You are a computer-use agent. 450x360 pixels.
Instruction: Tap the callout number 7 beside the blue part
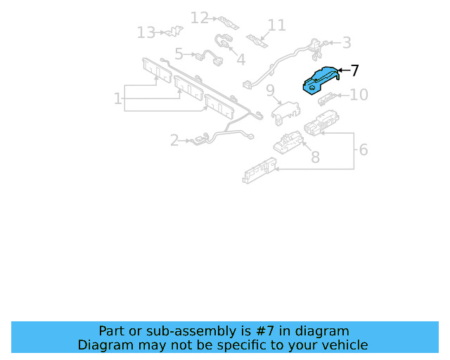coord(355,70)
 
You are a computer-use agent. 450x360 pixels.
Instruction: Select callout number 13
coord(146,32)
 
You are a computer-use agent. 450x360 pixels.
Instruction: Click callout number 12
coord(200,18)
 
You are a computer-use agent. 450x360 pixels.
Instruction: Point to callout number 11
coord(276,25)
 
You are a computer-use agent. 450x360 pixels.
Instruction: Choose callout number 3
coord(347,43)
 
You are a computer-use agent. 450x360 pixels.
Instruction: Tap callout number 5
coord(179,54)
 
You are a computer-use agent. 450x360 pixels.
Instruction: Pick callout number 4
coord(240,60)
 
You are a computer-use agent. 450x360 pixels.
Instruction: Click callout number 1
coord(117,98)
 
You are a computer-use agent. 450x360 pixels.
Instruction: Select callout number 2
coord(174,141)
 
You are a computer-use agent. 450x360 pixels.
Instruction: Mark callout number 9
coord(270,90)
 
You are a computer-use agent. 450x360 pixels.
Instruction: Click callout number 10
coord(359,95)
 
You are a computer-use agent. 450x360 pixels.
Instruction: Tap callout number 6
coord(364,150)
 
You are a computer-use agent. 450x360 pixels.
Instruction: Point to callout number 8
coord(316,157)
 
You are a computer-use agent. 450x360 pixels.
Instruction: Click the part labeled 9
coord(286,112)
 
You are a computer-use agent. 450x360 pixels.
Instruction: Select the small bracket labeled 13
coord(174,32)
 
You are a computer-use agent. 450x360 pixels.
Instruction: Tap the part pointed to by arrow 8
coord(288,143)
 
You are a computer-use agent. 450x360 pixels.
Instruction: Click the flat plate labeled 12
coord(228,22)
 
